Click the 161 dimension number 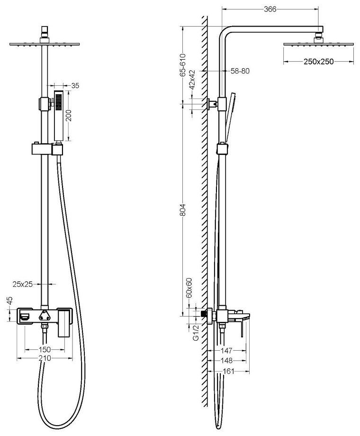229,372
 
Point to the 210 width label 45,359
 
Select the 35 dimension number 75,86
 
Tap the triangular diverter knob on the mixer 46,315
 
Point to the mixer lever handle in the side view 243,327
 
